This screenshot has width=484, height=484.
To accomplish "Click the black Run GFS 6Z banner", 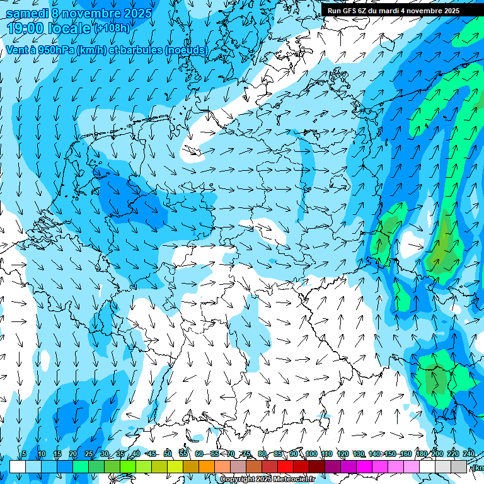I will tap(393, 11).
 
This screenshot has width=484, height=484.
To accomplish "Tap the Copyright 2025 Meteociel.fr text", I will tap(267, 480).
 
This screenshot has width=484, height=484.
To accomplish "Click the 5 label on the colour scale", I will tap(24, 454).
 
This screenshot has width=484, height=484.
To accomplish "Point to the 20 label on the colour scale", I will tap(72, 454).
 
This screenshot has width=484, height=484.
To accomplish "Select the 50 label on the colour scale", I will tap(167, 454).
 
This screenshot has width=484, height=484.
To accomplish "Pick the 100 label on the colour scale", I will tap(311, 454).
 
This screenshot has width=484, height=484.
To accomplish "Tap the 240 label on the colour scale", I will tap(469, 454).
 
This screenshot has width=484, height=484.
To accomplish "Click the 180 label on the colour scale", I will tap(421, 454).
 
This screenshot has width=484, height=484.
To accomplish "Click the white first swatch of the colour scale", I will tap(18, 466).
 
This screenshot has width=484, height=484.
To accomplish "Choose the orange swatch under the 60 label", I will tap(207, 466).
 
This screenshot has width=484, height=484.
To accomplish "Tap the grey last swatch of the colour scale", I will tap(459, 466).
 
